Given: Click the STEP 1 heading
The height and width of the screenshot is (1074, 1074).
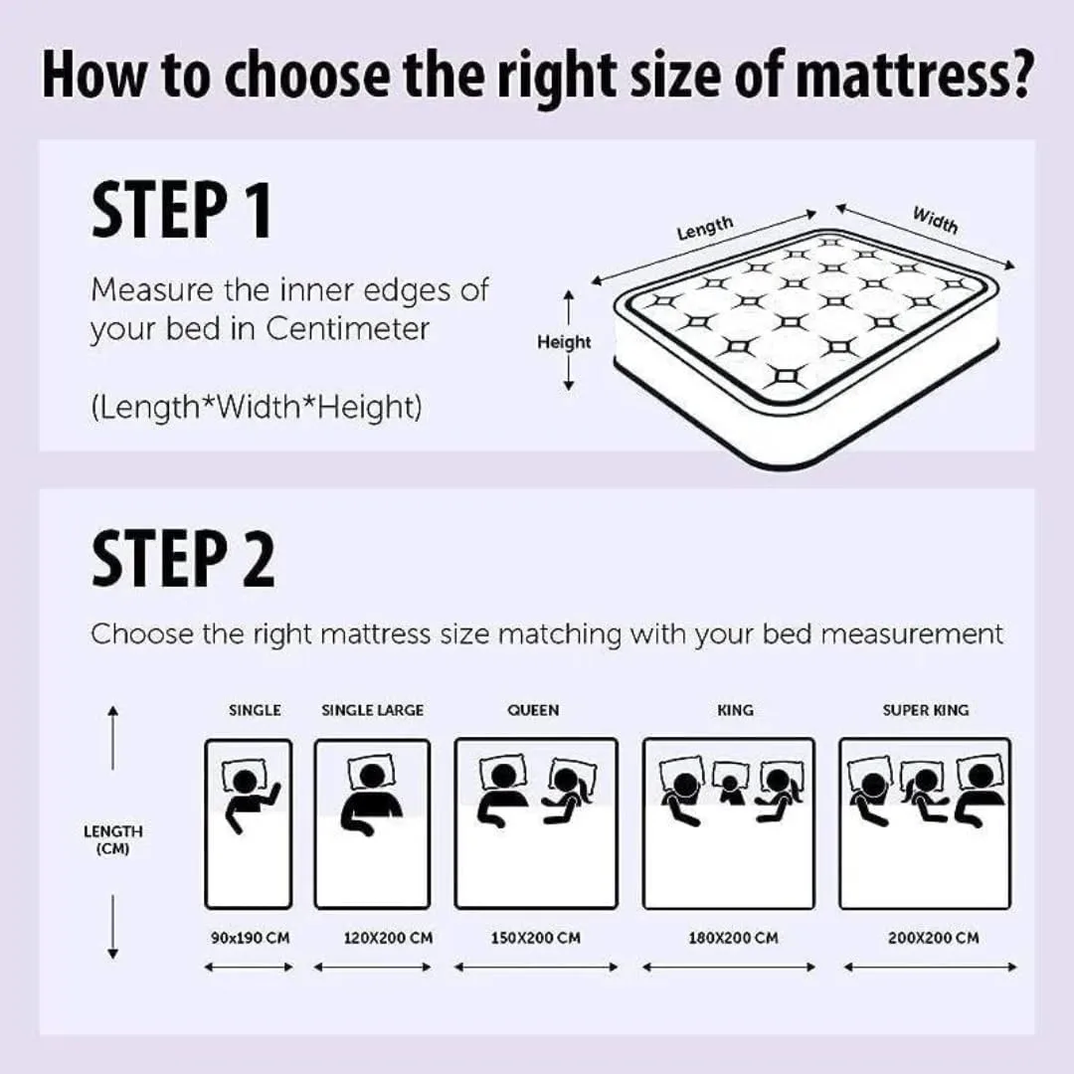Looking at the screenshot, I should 181,210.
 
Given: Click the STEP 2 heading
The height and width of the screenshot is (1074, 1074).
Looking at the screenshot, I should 183,560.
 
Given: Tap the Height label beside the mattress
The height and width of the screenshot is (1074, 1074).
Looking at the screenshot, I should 564,342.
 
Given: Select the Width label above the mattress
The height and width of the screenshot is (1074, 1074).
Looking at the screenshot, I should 935,219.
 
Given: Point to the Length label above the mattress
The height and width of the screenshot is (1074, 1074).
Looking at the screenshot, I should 705,228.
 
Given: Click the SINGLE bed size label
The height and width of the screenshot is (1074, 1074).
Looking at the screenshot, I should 255,710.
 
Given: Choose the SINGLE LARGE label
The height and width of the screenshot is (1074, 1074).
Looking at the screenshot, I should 372,710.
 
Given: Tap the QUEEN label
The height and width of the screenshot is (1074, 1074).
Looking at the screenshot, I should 533,710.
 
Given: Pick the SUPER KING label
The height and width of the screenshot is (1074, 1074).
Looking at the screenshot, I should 925,710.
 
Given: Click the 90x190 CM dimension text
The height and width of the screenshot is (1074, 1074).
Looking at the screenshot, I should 250,938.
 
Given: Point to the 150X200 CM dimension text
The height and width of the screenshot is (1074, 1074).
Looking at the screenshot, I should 536,938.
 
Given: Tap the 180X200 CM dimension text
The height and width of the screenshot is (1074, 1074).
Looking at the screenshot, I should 733,938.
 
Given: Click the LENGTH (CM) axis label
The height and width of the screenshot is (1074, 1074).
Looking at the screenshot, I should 112,839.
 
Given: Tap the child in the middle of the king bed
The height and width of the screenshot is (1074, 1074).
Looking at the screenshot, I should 730,786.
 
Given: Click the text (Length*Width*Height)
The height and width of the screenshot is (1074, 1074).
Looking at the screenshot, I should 256,407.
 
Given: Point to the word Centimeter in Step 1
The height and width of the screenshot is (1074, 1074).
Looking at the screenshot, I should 347,329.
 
